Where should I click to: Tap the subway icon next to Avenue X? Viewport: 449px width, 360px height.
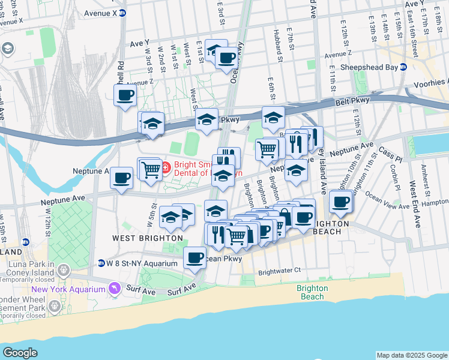coord(122,12)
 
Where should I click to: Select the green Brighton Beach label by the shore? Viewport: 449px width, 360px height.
coord(312,292)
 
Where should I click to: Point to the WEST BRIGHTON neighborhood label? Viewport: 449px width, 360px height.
coord(138,238)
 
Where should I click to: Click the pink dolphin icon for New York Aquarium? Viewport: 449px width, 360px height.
coord(113,290)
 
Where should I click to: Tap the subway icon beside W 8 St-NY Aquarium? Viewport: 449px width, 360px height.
coord(101,263)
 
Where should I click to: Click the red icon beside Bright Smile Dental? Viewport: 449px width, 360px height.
coord(166,165)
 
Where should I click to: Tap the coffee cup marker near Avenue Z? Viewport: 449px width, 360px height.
coord(125,95)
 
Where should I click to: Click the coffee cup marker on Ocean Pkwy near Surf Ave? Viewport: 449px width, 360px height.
coord(194,258)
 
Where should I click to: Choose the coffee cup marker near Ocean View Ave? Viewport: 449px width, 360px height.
coord(341,202)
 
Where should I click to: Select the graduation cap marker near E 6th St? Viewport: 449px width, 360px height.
coord(273,116)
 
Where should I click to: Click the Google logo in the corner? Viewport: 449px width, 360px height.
coord(20,352)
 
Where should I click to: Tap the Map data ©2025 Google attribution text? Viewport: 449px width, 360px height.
coord(411,355)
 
